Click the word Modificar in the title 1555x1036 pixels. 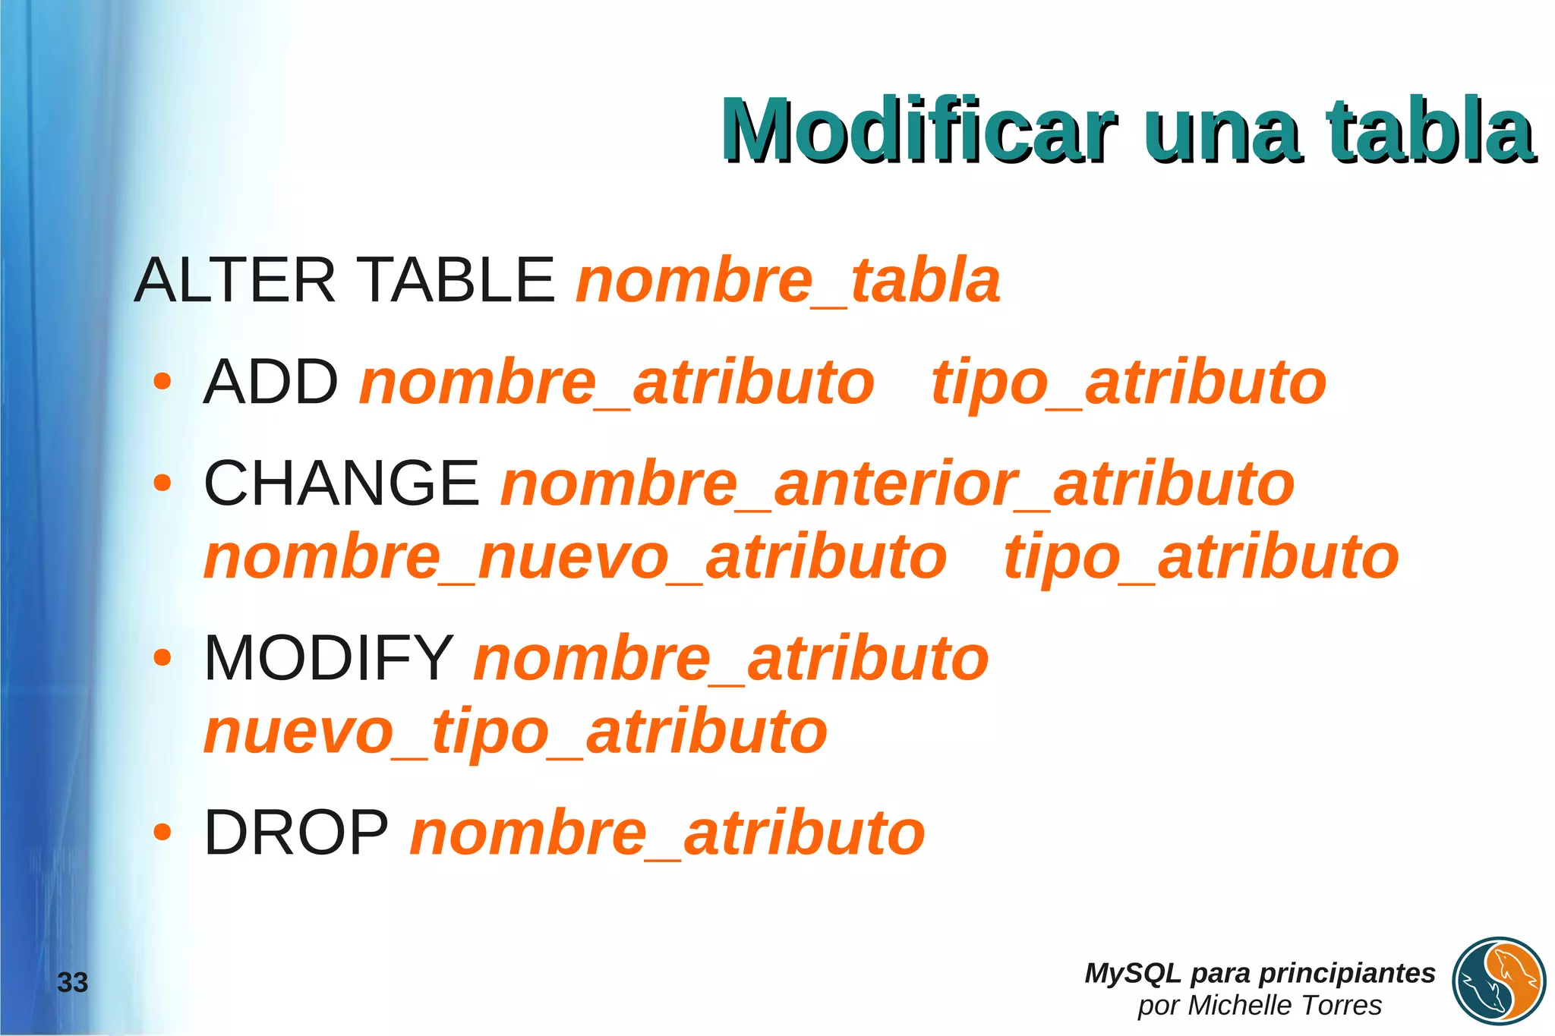919,131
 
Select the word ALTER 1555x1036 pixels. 235,280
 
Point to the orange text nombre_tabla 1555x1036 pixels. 788,281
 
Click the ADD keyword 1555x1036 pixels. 271,382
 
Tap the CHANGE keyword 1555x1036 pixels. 342,483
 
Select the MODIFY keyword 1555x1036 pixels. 329,657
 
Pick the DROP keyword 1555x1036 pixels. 296,833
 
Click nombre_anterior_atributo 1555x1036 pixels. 897,484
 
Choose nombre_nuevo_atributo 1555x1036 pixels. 576,557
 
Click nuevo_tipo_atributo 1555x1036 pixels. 516,732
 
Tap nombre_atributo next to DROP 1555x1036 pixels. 667,833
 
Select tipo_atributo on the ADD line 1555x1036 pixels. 1129,383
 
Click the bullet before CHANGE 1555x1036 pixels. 162,483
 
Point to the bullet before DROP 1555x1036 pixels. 162,833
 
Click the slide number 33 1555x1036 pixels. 73,983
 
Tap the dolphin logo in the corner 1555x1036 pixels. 1499,982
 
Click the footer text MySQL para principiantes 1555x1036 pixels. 1260,973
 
